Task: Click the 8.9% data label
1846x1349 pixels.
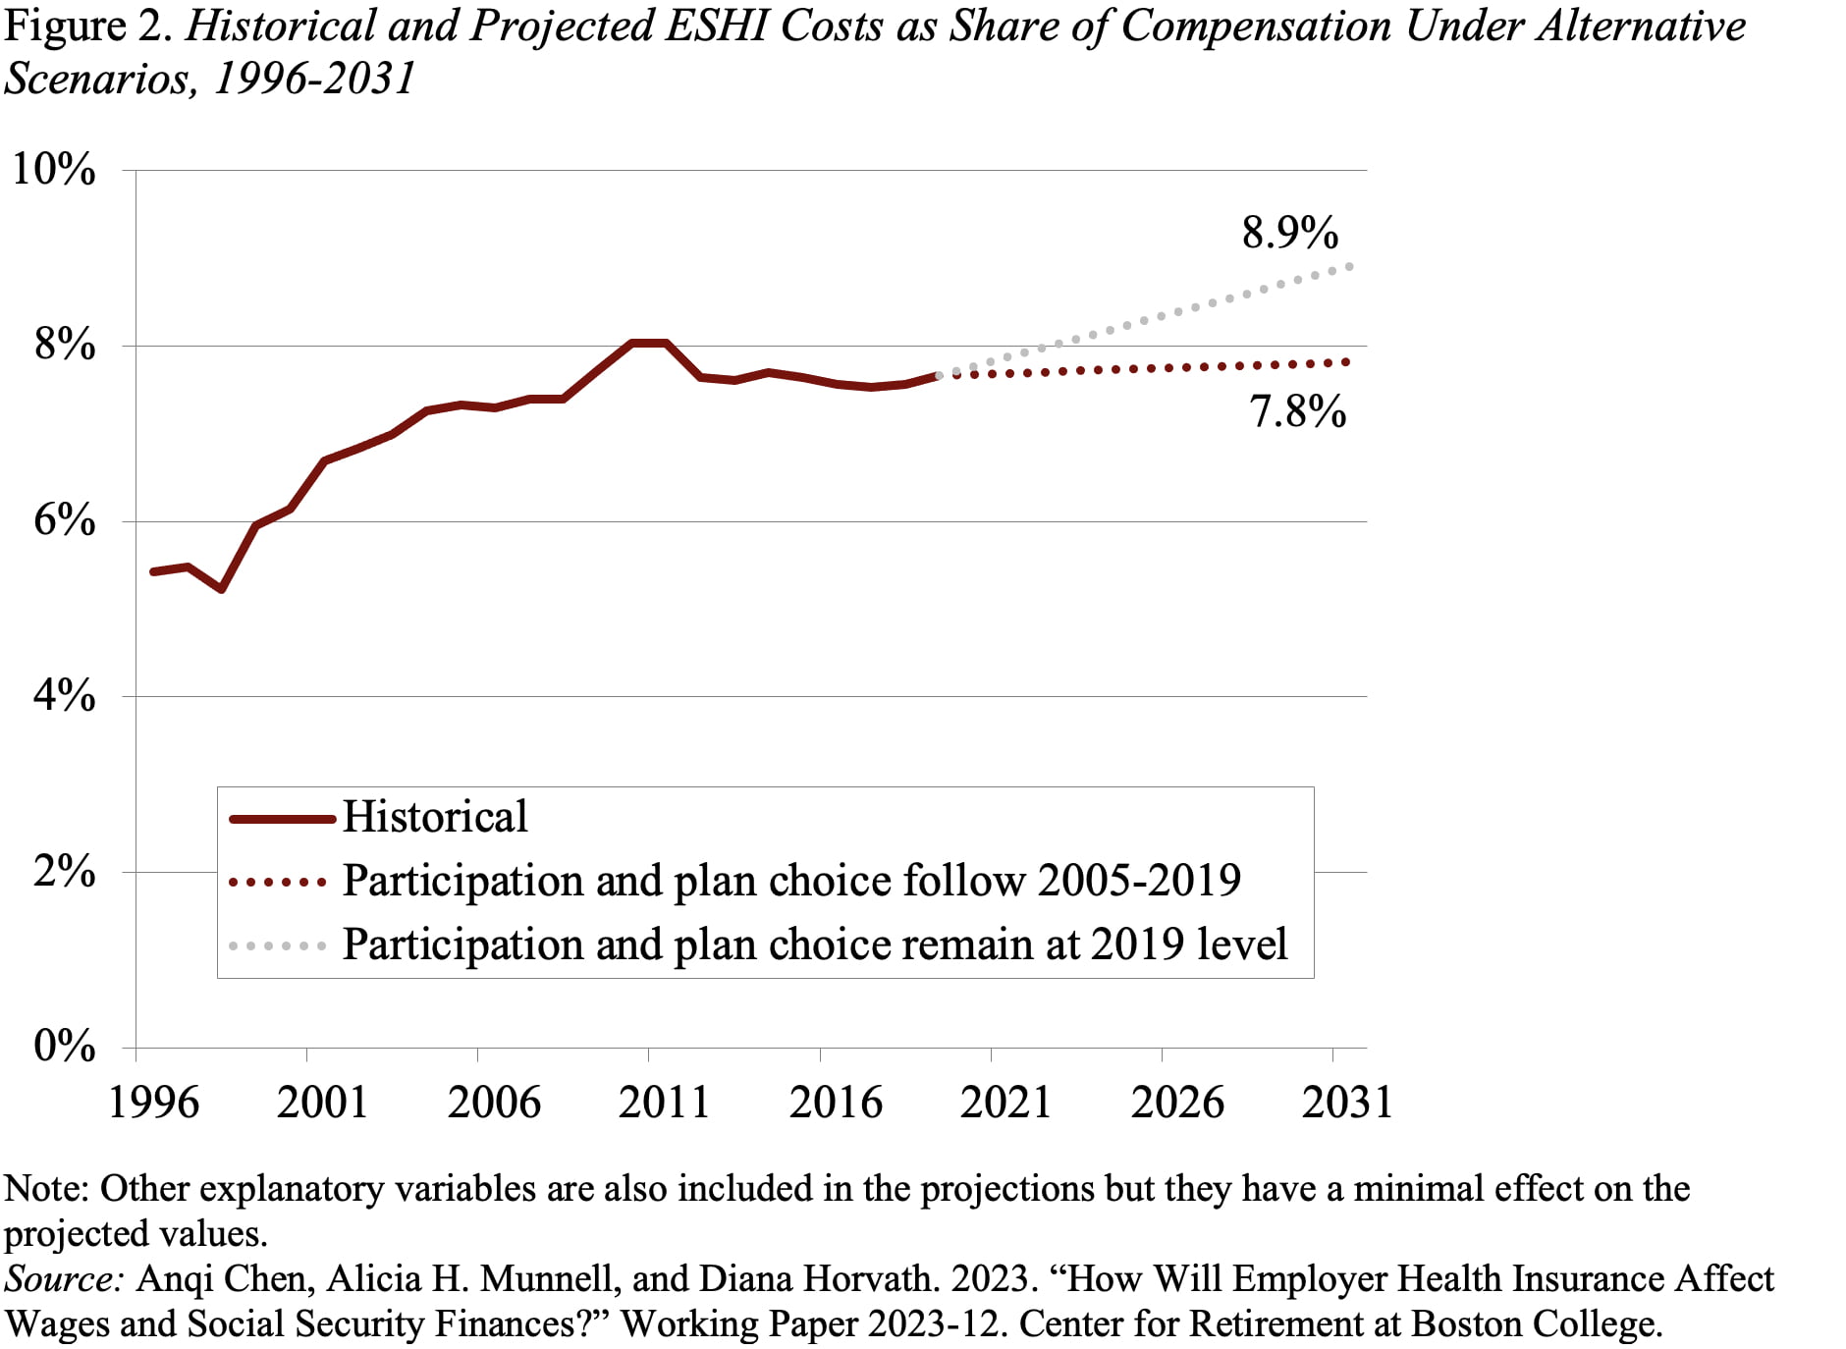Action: (x=1289, y=234)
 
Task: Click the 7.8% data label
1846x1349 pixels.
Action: (x=1297, y=412)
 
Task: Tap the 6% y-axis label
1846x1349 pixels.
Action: (x=65, y=521)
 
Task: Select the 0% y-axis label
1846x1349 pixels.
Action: (x=65, y=1047)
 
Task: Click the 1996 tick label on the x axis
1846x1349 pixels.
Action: (x=153, y=1103)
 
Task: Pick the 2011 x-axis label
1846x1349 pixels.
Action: (x=665, y=1103)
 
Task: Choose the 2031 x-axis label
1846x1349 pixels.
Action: (x=1347, y=1103)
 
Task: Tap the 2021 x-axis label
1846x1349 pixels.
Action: (x=1005, y=1103)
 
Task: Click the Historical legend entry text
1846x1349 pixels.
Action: (x=435, y=818)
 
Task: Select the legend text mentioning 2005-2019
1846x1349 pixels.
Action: (x=791, y=881)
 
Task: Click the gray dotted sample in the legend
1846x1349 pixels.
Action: (x=278, y=946)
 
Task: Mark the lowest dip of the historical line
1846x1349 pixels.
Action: (x=222, y=589)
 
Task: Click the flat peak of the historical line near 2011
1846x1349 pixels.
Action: (x=649, y=343)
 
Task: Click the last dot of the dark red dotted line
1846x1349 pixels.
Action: (x=1346, y=362)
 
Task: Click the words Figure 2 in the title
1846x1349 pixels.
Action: (x=89, y=27)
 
